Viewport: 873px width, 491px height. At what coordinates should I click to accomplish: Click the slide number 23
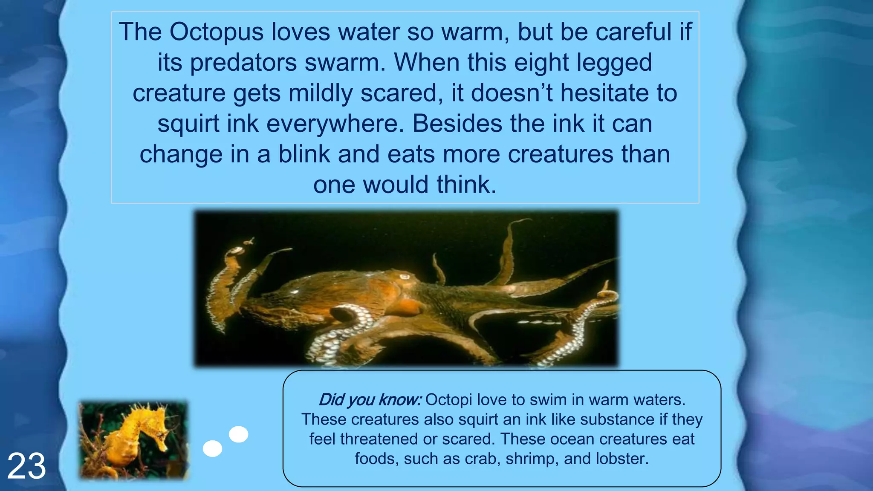pyautogui.click(x=26, y=466)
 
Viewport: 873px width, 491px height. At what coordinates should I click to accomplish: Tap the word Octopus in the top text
pyautogui.click(x=217, y=32)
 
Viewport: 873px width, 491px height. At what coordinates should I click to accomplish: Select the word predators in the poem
pyautogui.click(x=243, y=63)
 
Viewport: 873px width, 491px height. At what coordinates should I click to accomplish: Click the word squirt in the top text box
pyautogui.click(x=188, y=124)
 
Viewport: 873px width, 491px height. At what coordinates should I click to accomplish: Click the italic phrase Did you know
pyautogui.click(x=370, y=400)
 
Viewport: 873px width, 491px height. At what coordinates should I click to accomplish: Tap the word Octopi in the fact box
pyautogui.click(x=448, y=400)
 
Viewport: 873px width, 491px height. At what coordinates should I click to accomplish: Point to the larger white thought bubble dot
pyautogui.click(x=239, y=434)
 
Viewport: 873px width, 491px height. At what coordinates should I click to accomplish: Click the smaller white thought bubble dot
pyautogui.click(x=212, y=448)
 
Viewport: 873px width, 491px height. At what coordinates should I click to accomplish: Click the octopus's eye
pyautogui.click(x=404, y=277)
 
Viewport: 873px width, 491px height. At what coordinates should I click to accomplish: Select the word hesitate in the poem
pyautogui.click(x=606, y=93)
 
